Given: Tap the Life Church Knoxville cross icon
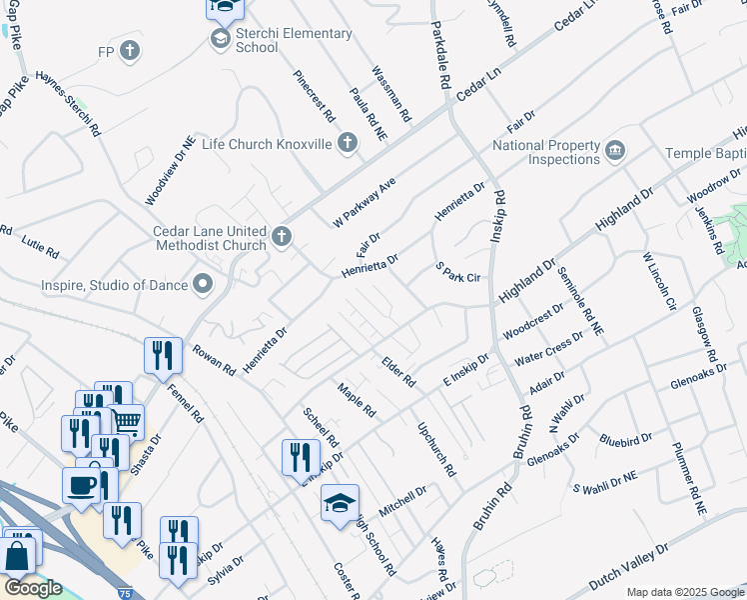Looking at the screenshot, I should click(348, 144).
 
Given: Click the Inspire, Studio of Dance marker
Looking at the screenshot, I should click(204, 285).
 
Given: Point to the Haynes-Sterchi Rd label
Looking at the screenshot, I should click(68, 102).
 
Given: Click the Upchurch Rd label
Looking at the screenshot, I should click(436, 448).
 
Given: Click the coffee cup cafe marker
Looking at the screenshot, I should click(82, 484).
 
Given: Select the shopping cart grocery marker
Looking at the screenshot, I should click(126, 420).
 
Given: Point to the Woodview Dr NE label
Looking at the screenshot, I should click(166, 170).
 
